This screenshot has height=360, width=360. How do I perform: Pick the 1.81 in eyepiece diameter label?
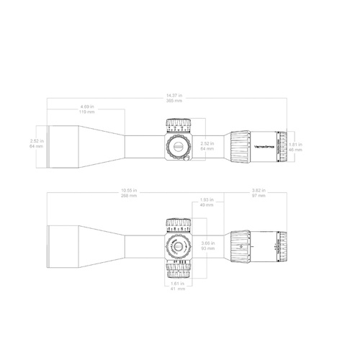tap(296, 143)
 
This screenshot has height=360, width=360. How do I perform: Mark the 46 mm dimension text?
tap(296, 149)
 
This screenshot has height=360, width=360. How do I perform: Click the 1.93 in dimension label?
tap(207, 199)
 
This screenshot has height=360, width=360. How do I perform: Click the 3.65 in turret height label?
tap(208, 243)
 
